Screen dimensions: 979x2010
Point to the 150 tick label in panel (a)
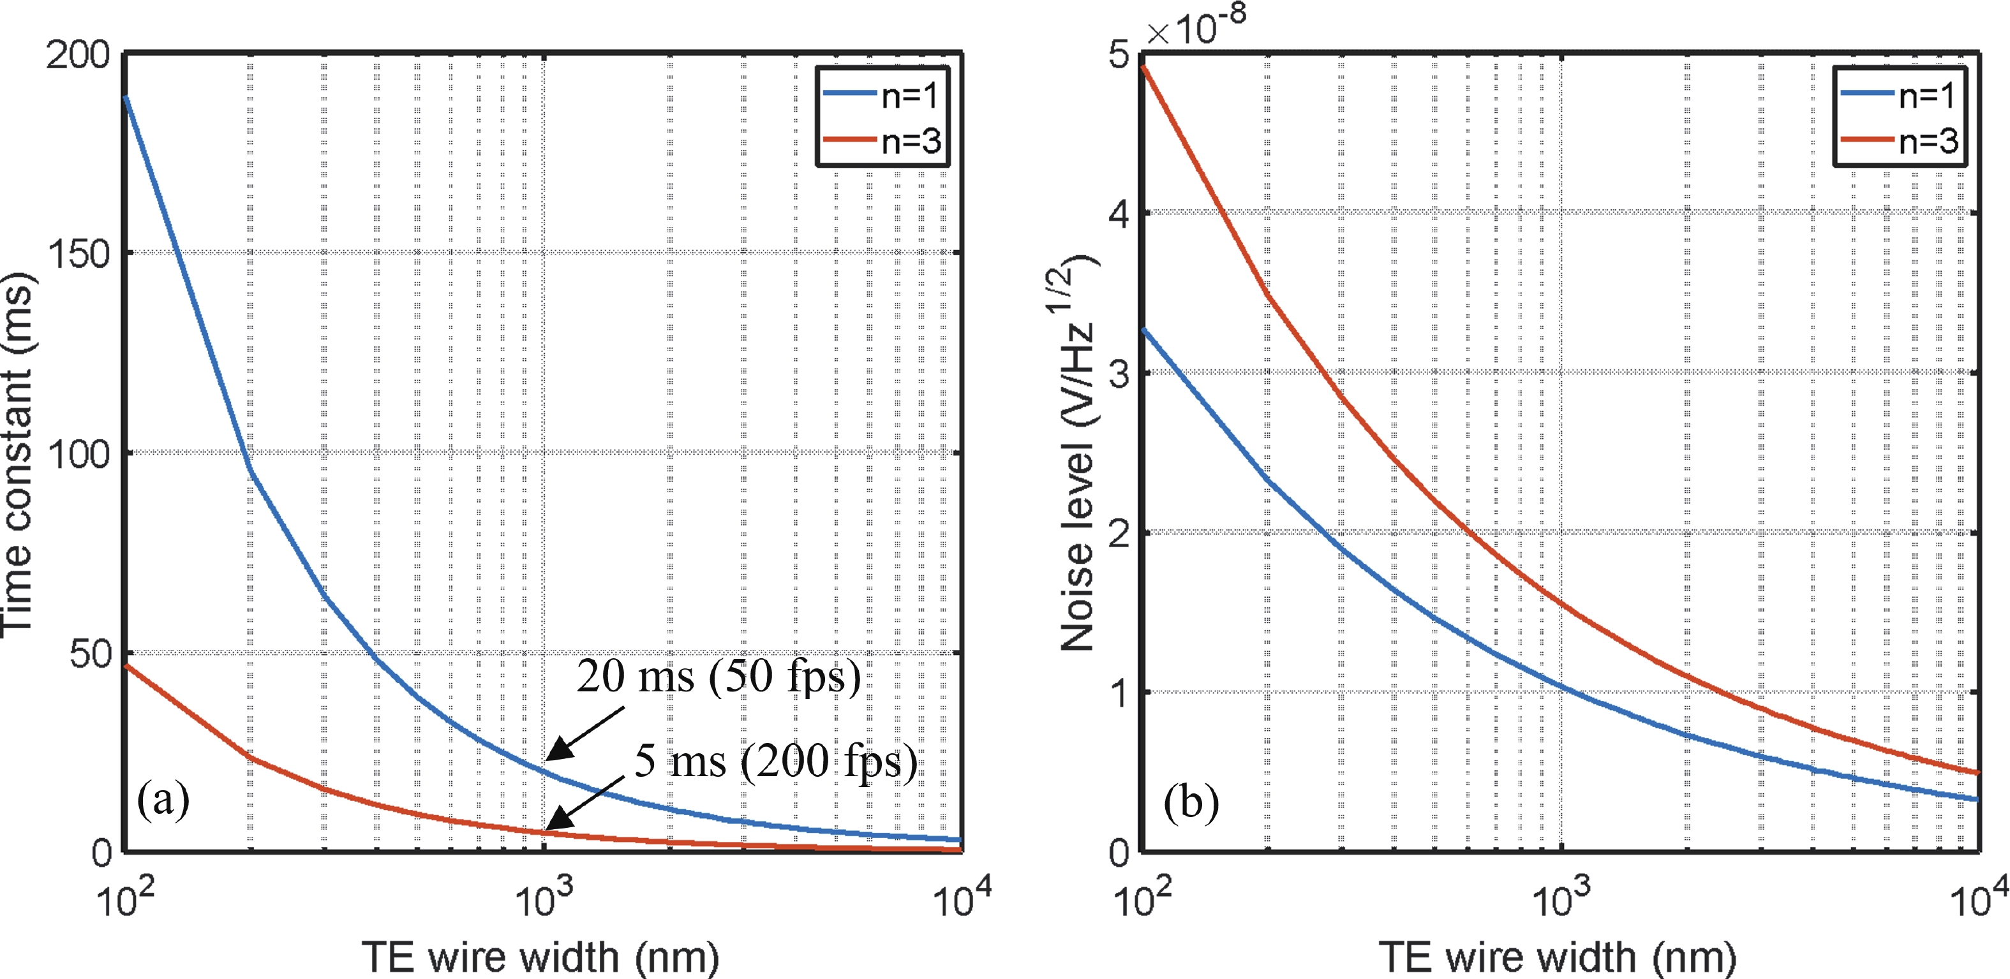78,255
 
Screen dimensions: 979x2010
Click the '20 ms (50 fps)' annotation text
718,675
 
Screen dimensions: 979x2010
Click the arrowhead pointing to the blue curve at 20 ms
556,753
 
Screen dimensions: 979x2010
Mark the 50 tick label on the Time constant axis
91,654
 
